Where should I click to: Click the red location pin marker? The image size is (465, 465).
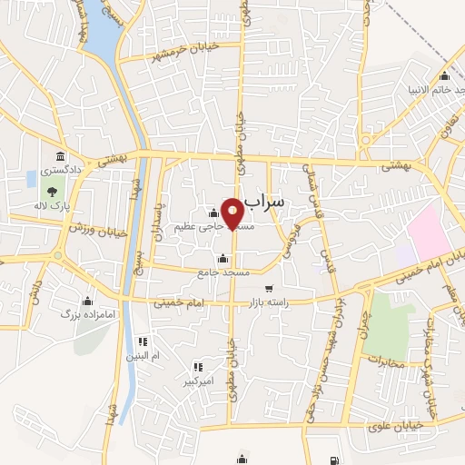[x=232, y=213]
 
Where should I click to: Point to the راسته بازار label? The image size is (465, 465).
[x=286, y=304]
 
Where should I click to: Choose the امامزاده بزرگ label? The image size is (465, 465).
[x=77, y=313]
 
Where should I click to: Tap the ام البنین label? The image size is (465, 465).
[x=142, y=356]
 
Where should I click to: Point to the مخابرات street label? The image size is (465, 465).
[x=391, y=361]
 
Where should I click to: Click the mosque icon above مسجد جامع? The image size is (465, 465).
[x=223, y=259]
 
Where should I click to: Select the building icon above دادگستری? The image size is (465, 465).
[x=59, y=156]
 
